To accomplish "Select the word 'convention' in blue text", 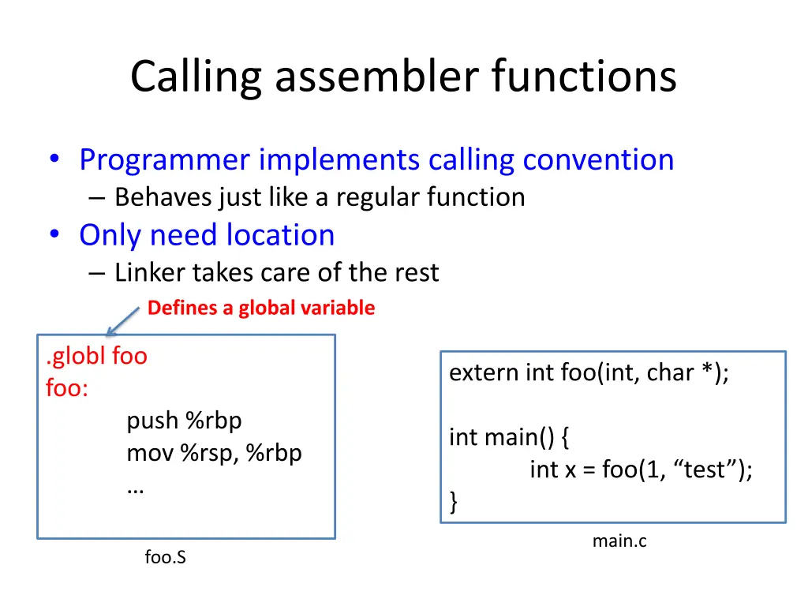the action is click(598, 159).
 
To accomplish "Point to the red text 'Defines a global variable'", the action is click(261, 308).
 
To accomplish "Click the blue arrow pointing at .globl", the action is click(124, 322).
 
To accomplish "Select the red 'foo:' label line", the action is click(67, 388).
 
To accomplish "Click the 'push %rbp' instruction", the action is click(184, 421).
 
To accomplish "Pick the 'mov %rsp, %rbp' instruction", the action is click(214, 454).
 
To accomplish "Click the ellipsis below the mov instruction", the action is click(135, 488).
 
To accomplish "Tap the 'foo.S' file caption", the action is click(166, 558).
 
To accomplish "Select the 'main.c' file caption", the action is click(619, 541).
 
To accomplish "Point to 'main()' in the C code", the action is click(510, 436).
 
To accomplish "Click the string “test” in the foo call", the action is click(709, 469).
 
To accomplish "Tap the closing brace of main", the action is click(453, 501).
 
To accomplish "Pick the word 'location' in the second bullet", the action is click(280, 235).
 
